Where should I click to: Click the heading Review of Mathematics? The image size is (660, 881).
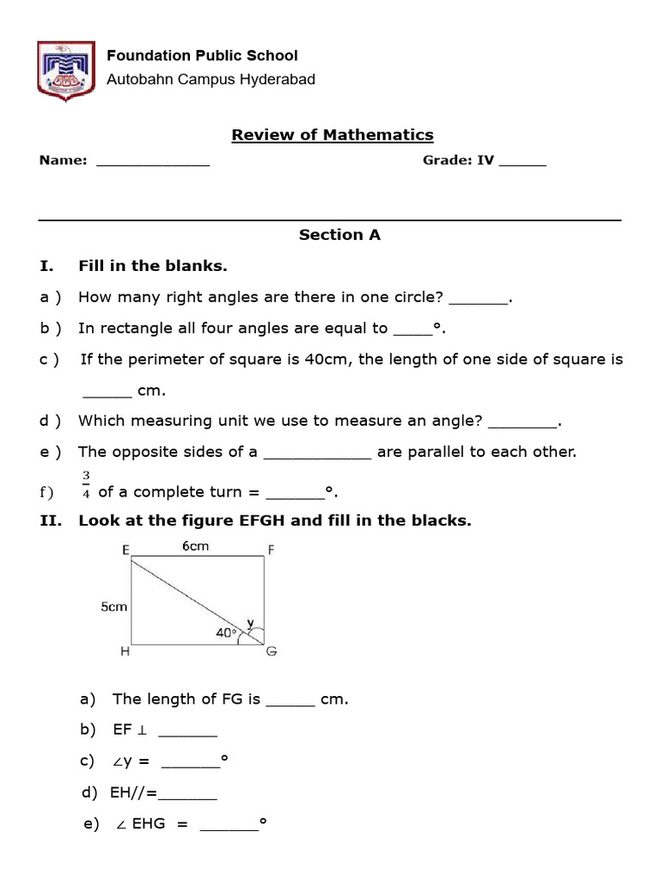pyautogui.click(x=333, y=135)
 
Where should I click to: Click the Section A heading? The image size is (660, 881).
pyautogui.click(x=339, y=235)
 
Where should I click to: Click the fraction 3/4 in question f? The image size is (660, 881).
pyautogui.click(x=86, y=484)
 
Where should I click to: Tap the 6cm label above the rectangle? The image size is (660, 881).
pyautogui.click(x=196, y=546)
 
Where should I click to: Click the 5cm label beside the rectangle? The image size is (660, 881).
pyautogui.click(x=113, y=607)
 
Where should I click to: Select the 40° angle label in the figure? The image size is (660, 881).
pyautogui.click(x=226, y=633)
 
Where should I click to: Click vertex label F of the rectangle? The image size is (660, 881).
pyautogui.click(x=271, y=551)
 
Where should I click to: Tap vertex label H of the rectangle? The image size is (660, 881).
pyautogui.click(x=125, y=652)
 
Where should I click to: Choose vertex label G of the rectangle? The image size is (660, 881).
pyautogui.click(x=272, y=652)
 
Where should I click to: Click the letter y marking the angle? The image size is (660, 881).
pyautogui.click(x=250, y=621)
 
